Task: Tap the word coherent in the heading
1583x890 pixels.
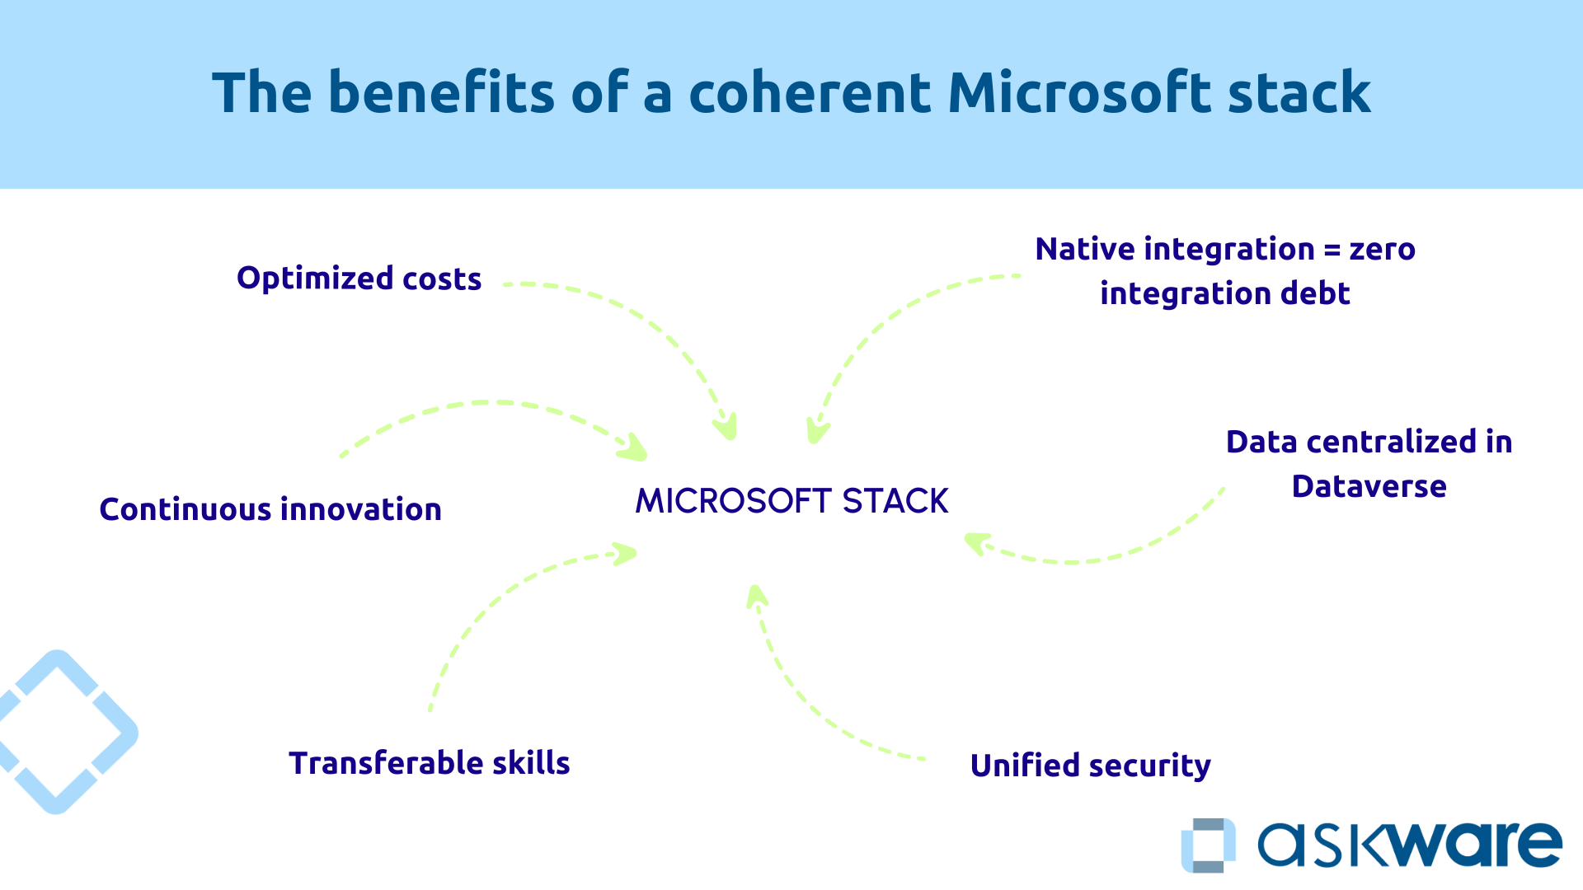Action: (810, 92)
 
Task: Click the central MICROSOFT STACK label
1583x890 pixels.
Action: (791, 501)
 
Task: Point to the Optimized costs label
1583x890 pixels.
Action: (359, 279)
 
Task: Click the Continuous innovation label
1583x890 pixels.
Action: (270, 509)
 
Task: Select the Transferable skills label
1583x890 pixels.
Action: (429, 763)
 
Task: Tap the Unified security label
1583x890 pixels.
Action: (1090, 766)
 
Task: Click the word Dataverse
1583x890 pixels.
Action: (1369, 486)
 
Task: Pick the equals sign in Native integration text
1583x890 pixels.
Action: (1332, 250)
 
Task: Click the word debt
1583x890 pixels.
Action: (1315, 293)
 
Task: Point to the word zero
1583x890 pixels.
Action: (1383, 250)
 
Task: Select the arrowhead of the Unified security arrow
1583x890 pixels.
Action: (756, 595)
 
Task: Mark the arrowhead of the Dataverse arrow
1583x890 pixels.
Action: (975, 543)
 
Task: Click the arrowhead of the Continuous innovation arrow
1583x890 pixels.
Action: (635, 449)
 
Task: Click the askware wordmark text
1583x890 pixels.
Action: (1409, 845)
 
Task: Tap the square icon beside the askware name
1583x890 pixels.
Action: (1209, 845)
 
